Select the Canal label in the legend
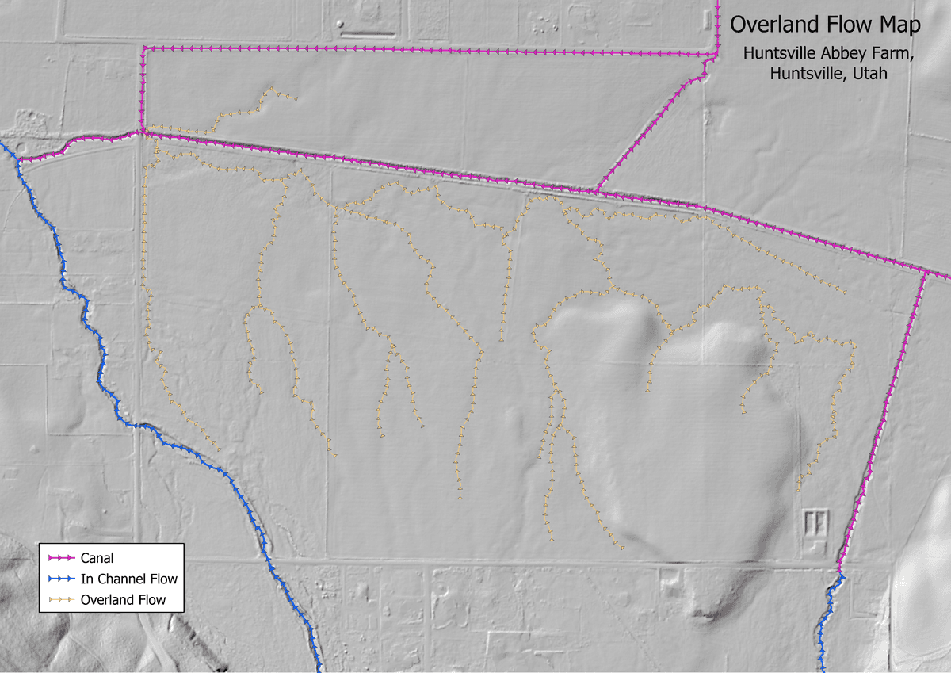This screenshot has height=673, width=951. tap(97, 558)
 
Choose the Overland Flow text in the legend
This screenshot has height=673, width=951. tap(123, 600)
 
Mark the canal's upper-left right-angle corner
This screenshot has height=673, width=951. tap(143, 49)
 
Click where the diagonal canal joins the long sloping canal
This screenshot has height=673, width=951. tap(595, 190)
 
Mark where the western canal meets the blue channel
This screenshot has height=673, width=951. tap(17, 160)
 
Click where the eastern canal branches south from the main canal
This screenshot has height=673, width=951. tap(925, 271)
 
